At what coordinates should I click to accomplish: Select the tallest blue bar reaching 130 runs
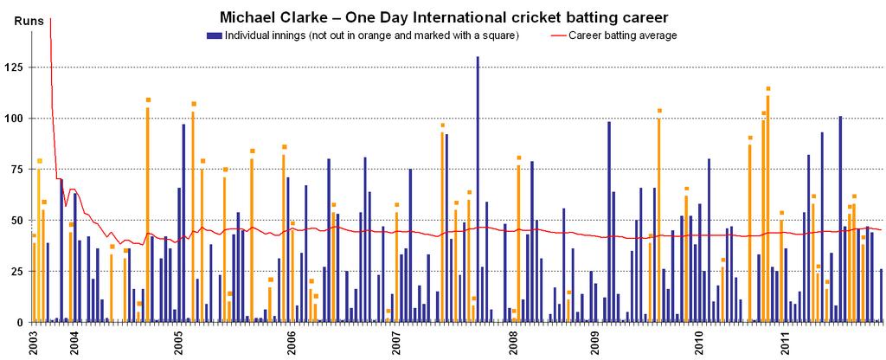click(x=478, y=190)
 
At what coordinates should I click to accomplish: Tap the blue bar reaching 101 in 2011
click(x=840, y=219)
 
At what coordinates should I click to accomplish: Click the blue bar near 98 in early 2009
click(x=609, y=222)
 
